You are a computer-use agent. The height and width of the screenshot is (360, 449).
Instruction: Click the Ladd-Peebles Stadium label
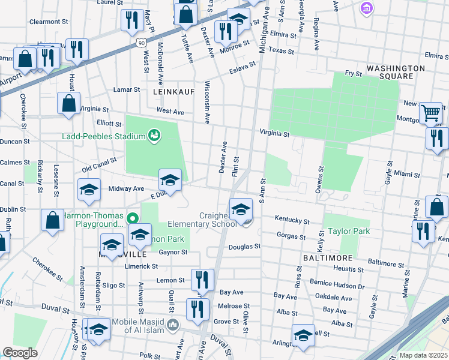pos(104,136)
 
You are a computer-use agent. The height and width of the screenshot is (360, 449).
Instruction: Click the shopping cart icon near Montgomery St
pos(430,112)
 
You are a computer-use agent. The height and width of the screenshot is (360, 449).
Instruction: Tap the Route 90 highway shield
pos(140,43)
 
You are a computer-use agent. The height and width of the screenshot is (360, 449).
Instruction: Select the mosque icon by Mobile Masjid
pos(173,326)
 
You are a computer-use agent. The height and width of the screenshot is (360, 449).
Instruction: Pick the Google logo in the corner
pos(20,352)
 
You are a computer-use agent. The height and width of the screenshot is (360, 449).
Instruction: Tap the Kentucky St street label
pos(292,221)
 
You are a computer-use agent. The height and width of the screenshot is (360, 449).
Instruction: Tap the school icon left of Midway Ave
pos(89,190)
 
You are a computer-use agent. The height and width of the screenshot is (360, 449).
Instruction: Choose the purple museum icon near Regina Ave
pos(365,8)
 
